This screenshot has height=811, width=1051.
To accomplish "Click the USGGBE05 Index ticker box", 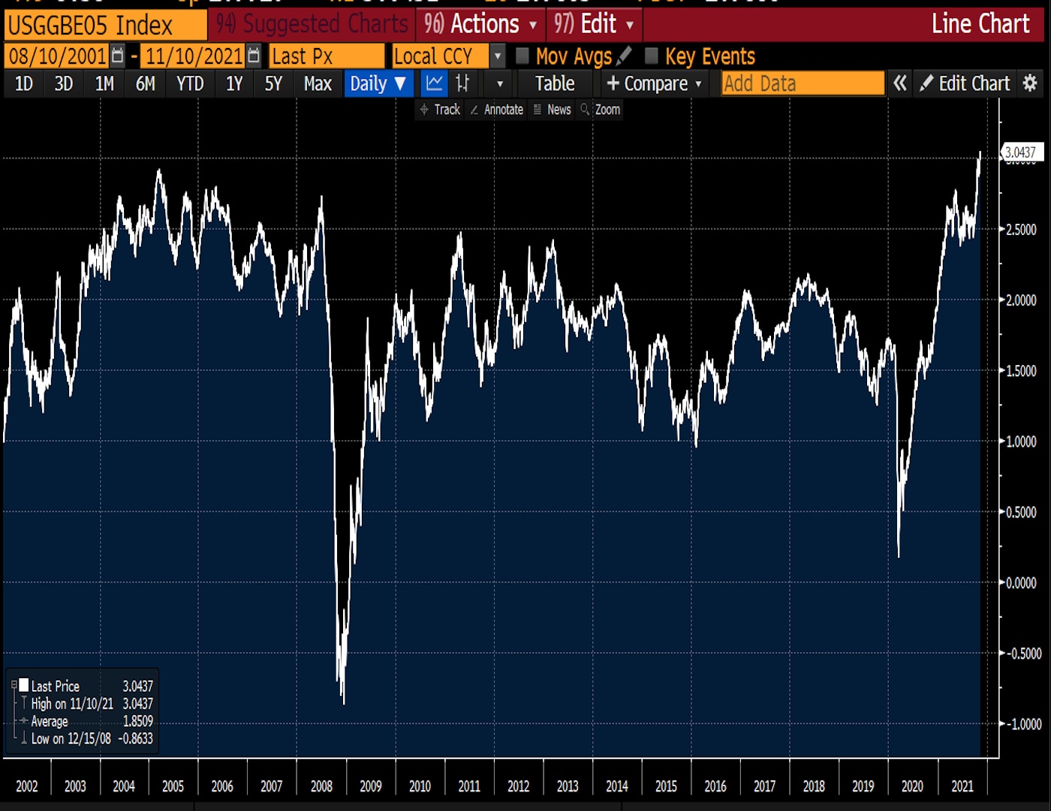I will point(105,26).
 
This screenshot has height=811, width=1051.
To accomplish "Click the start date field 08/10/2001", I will point(58,56).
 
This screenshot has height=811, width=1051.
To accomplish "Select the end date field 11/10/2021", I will point(194,56).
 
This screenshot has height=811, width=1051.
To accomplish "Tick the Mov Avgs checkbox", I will point(522,56).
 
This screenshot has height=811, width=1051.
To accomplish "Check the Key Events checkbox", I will point(652,56).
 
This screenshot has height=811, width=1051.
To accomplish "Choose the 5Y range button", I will point(273,83).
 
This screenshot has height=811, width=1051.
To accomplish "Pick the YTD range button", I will point(190,83).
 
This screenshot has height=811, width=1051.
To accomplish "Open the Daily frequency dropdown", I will point(378,83).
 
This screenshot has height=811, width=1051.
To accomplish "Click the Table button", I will point(554,83).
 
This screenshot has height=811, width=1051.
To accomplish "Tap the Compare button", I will point(654,83).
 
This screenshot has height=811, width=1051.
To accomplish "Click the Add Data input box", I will point(803,83).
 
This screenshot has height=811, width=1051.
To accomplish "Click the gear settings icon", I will point(1031,83).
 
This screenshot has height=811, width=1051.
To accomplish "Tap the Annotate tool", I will point(496,110).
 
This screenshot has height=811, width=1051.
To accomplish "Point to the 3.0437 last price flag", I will point(1021,152).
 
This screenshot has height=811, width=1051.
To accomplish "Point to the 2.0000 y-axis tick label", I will point(1021,300).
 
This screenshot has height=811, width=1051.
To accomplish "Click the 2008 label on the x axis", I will point(321,786).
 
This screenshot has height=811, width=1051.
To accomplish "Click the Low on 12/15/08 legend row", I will point(83,739).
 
